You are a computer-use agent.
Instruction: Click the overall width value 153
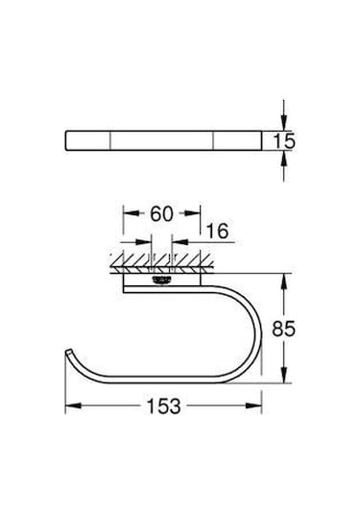165,406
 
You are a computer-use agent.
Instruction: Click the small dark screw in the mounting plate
160,281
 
